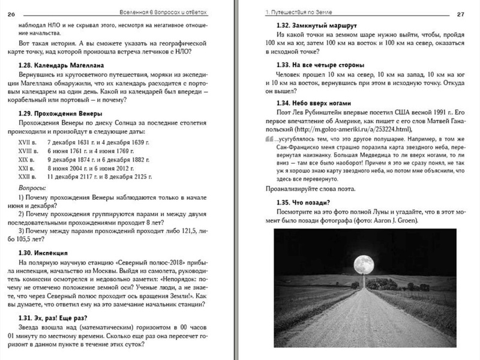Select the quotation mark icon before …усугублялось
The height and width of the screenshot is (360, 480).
[x=267, y=139]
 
